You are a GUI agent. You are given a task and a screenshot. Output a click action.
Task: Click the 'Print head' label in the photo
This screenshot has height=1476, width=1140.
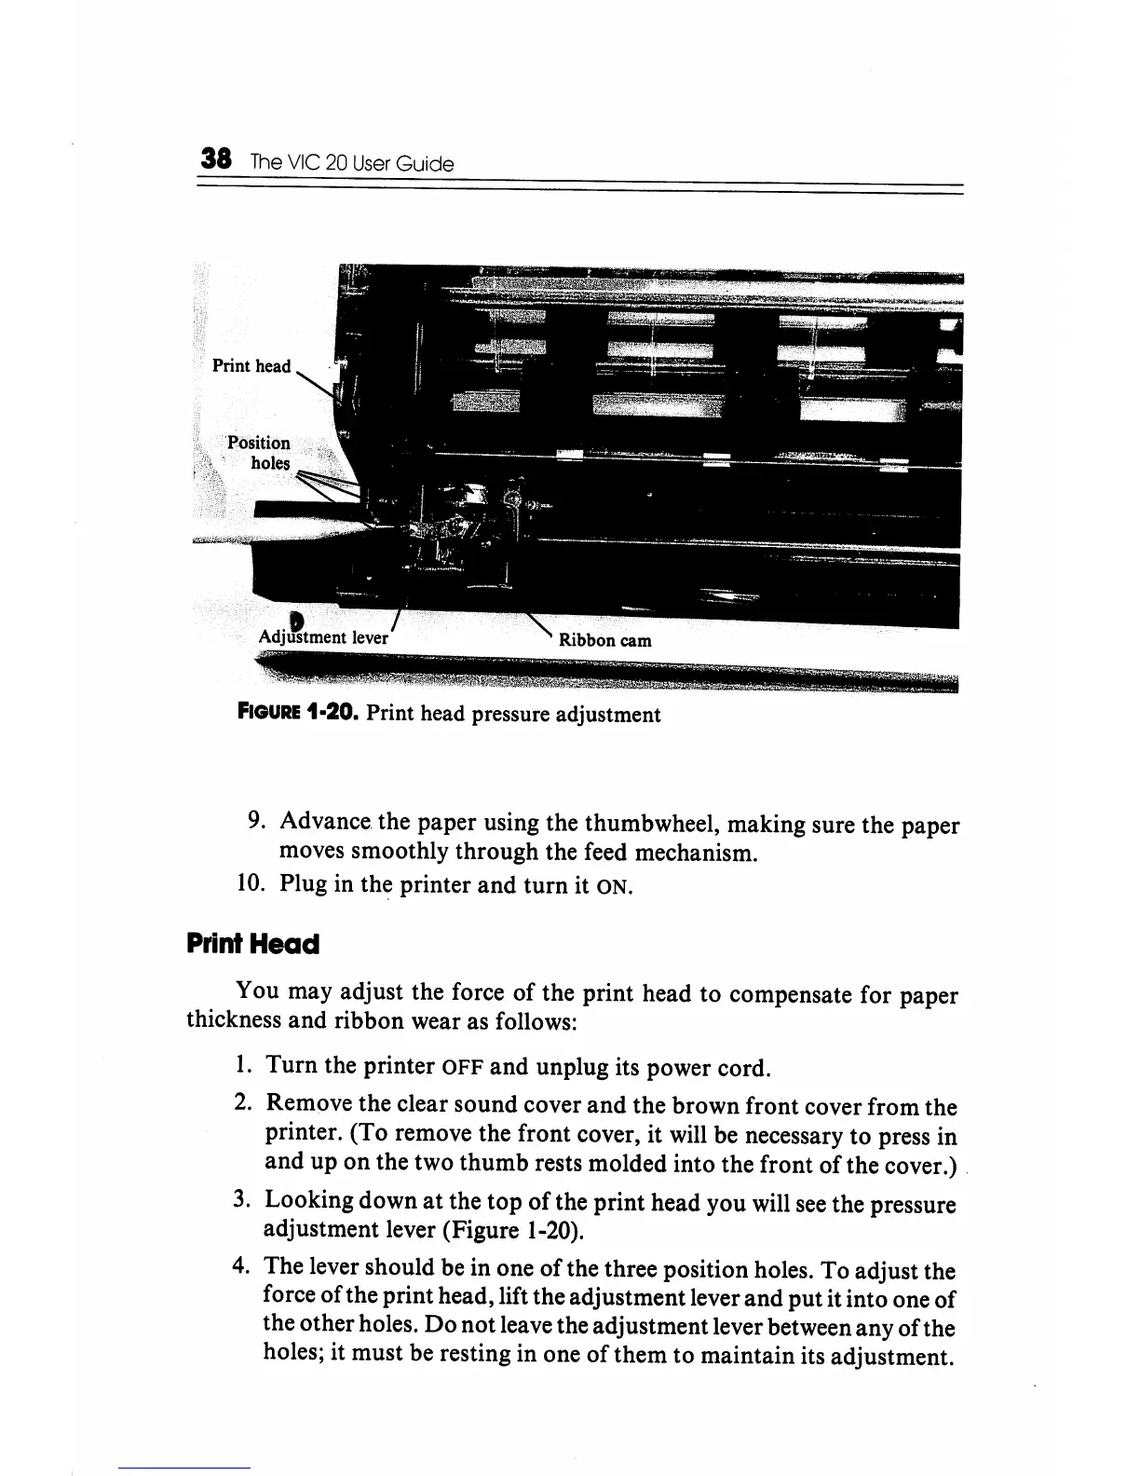click(x=251, y=366)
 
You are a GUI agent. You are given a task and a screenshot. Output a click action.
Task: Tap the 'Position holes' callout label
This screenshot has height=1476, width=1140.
click(x=260, y=453)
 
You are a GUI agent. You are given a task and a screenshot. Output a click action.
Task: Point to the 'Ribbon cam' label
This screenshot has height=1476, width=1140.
click(x=604, y=640)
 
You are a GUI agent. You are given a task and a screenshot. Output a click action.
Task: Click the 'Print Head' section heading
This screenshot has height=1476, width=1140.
click(x=253, y=944)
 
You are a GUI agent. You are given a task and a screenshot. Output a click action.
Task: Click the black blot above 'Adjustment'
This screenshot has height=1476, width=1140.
click(x=296, y=620)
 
